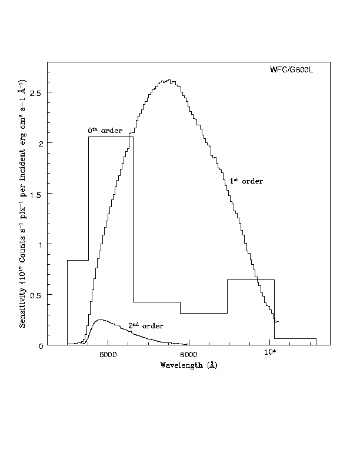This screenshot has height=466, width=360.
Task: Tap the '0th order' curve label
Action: tap(105, 130)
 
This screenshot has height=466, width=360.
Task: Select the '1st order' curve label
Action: tap(246, 181)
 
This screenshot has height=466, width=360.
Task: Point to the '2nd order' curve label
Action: tap(145, 325)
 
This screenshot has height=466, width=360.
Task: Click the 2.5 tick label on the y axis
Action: tap(37, 92)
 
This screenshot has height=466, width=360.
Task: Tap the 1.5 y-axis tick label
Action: tap(37, 194)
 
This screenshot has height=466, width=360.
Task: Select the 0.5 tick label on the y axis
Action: tap(37, 295)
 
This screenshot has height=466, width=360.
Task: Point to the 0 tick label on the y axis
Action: tap(41, 345)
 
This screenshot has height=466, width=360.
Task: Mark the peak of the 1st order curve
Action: tap(169, 80)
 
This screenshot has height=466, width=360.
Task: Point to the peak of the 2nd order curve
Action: tap(101, 320)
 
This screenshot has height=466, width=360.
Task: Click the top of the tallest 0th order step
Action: tap(111, 137)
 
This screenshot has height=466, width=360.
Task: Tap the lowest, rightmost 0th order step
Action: tap(295, 338)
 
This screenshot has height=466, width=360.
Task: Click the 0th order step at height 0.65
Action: tap(251, 280)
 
